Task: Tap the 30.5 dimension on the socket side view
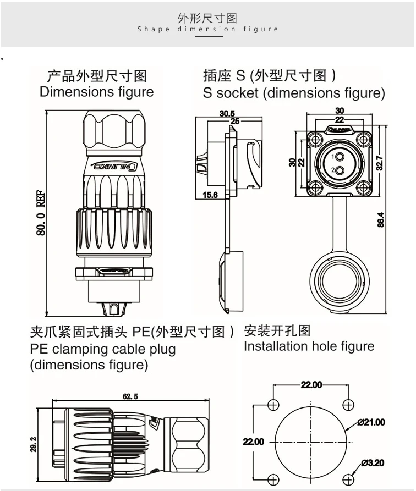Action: coord(226,113)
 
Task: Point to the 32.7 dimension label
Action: coord(380,163)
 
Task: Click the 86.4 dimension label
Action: coord(380,220)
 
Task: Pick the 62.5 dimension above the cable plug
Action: coord(130,396)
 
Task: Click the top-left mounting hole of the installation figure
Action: coord(273,406)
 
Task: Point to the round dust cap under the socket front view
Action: coord(337,280)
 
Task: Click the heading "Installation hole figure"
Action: coord(309,346)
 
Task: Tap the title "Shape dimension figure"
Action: coord(208,29)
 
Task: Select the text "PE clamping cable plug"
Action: coord(103,349)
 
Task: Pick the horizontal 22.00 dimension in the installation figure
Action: coord(311,385)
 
